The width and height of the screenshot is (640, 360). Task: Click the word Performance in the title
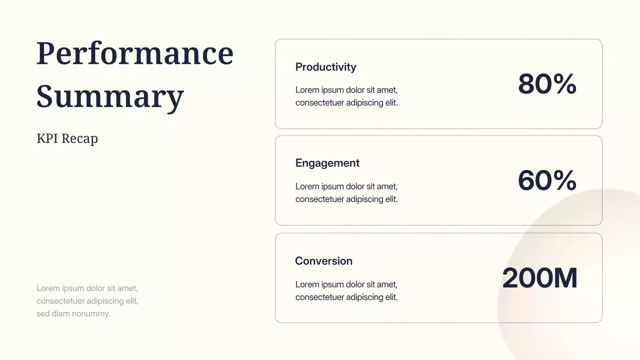135,53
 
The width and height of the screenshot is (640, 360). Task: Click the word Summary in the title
110,96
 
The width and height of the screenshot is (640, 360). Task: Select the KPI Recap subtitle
67,138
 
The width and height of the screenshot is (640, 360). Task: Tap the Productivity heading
325,67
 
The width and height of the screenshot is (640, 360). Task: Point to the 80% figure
547,84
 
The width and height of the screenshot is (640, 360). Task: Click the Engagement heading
327,163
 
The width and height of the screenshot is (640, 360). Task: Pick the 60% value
547,180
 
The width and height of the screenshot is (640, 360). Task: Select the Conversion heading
323,261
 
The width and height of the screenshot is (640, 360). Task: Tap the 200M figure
539,278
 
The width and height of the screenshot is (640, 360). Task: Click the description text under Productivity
346,96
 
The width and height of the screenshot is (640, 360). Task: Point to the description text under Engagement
346,193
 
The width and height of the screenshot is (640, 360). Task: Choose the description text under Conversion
346,291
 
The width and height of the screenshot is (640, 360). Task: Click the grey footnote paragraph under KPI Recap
87,301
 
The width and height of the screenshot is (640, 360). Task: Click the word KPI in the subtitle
47,138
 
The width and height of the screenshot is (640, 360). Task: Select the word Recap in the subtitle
79,138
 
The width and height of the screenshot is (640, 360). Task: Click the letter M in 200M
563,278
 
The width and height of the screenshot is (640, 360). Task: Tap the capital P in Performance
45,53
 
